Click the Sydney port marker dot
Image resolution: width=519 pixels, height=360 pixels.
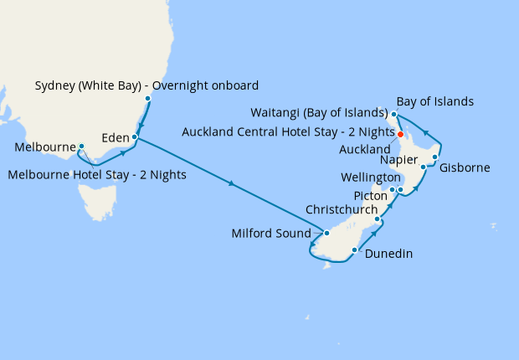point(148,100)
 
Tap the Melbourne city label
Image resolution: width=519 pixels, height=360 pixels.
point(46,148)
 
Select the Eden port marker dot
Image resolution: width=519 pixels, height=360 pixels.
point(135,137)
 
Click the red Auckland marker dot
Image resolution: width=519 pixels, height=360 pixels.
point(401,134)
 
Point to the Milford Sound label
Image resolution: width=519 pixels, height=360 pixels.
point(270,234)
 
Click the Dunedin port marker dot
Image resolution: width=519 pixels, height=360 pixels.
point(355,250)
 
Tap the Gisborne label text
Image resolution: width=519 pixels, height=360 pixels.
point(465,168)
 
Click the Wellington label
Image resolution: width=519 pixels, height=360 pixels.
point(371,178)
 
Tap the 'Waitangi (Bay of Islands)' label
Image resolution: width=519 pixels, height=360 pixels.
point(318,113)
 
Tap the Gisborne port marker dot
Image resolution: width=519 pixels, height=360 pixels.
point(435,157)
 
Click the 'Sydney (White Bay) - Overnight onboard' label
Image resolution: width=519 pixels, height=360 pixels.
point(147,85)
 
